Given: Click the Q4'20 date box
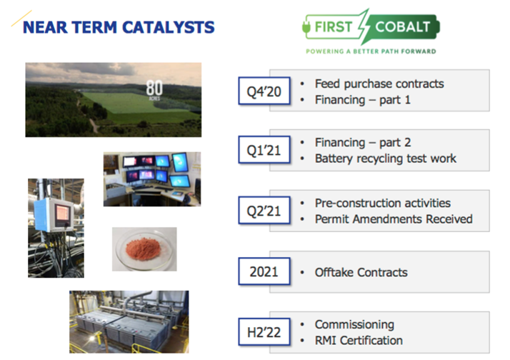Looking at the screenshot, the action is click(x=264, y=91).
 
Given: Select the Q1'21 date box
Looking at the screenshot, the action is click(x=264, y=149).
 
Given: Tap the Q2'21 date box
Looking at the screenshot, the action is click(x=264, y=211).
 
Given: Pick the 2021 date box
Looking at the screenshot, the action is click(x=264, y=271).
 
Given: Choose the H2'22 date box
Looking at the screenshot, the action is click(x=264, y=331).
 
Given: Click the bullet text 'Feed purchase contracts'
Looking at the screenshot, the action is click(x=379, y=84).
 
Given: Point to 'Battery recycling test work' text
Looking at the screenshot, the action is click(x=386, y=159).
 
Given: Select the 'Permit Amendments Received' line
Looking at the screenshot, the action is click(x=394, y=219).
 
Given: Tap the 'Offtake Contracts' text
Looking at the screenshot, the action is click(x=361, y=272).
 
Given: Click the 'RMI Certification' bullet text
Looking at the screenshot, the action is click(x=359, y=341).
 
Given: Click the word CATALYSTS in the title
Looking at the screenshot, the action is click(x=169, y=27).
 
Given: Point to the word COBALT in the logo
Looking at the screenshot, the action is click(x=403, y=26).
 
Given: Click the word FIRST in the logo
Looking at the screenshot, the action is click(x=334, y=26).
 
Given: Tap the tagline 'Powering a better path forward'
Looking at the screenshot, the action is click(x=371, y=51).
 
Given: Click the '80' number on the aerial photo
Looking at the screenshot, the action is click(x=154, y=88).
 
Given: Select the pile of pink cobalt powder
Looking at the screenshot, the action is click(x=143, y=249).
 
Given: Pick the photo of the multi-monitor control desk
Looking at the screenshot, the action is click(x=152, y=179).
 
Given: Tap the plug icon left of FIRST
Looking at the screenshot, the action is click(x=306, y=27).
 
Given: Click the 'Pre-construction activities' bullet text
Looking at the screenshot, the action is click(x=383, y=203).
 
